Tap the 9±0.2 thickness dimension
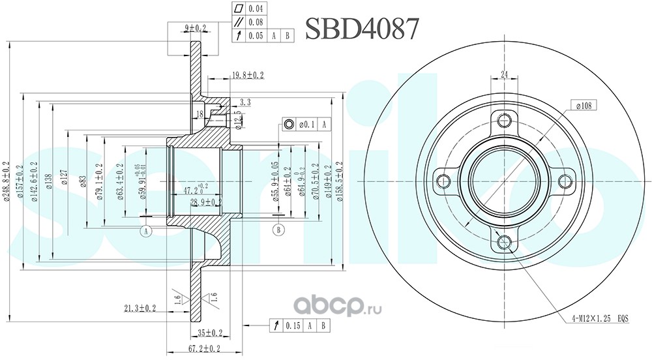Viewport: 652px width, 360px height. tap(196, 28)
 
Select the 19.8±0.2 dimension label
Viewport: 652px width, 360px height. tap(248, 76)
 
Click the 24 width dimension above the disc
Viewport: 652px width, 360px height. tap(505, 74)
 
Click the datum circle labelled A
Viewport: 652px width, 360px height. tap(146, 230)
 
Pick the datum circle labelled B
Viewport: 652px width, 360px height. tap(278, 230)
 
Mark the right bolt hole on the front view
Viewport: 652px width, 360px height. tap(565, 181)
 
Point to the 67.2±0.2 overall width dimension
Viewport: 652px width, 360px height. tap(205, 349)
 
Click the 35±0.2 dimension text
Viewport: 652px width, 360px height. tap(211, 331)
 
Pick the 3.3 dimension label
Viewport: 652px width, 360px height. tap(245, 102)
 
